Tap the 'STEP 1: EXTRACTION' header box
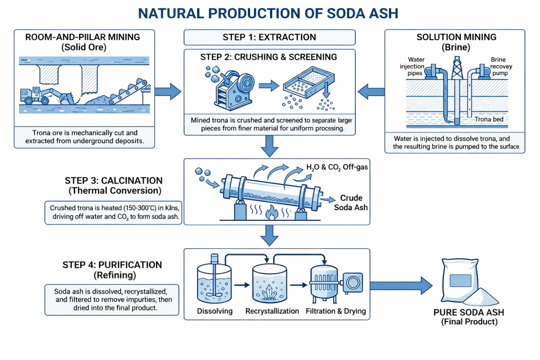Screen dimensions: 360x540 (x=269, y=37)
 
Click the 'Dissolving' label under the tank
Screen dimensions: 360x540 (x=215, y=311)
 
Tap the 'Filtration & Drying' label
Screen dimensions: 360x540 (x=336, y=311)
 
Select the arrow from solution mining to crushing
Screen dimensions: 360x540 (x=371, y=92)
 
